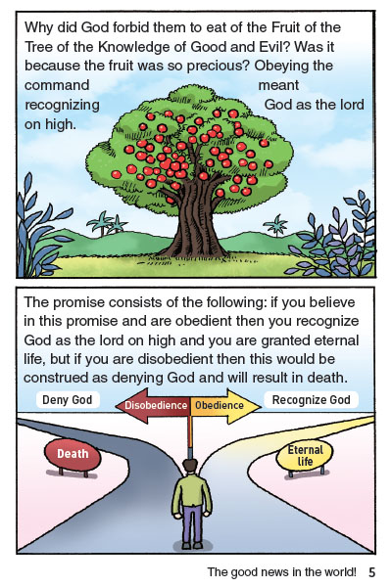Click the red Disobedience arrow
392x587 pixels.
(153, 405)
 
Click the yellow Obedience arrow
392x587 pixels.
(225, 405)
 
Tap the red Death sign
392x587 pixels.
(73, 454)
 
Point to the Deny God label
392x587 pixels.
(68, 400)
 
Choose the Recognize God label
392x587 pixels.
(311, 400)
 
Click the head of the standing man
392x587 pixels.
(191, 468)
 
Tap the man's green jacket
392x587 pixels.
(192, 495)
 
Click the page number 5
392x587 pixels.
(371, 572)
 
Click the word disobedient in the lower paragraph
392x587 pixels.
(176, 359)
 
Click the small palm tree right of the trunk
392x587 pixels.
(275, 225)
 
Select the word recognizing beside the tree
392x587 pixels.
(62, 106)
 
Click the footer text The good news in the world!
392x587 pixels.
(281, 572)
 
